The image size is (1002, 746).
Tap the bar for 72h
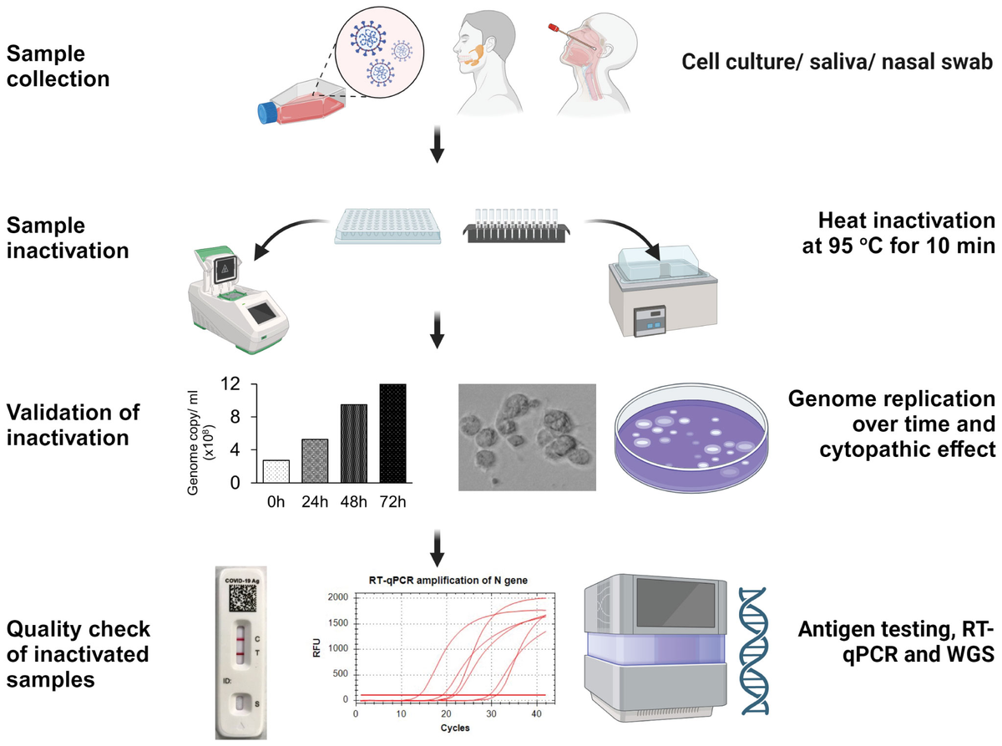click(x=392, y=433)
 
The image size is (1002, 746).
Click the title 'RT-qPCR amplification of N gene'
click(x=451, y=581)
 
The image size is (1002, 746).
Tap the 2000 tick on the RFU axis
click(x=337, y=597)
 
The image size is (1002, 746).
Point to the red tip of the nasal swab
click(x=553, y=30)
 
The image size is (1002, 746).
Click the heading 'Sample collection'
click(x=58, y=67)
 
